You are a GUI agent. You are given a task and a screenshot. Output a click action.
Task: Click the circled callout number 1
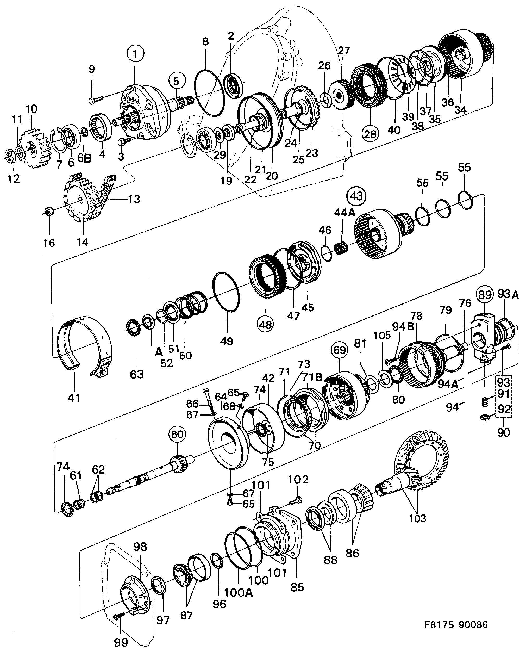pos(135,54)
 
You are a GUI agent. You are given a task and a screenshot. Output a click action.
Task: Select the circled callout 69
pos(339,350)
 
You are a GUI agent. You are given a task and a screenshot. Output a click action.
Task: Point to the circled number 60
pos(177,435)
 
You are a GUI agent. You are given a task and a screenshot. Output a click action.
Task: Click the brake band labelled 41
pos(83,344)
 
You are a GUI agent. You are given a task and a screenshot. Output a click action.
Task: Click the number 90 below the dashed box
pos(504,432)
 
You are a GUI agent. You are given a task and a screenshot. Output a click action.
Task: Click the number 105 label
pos(382,336)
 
